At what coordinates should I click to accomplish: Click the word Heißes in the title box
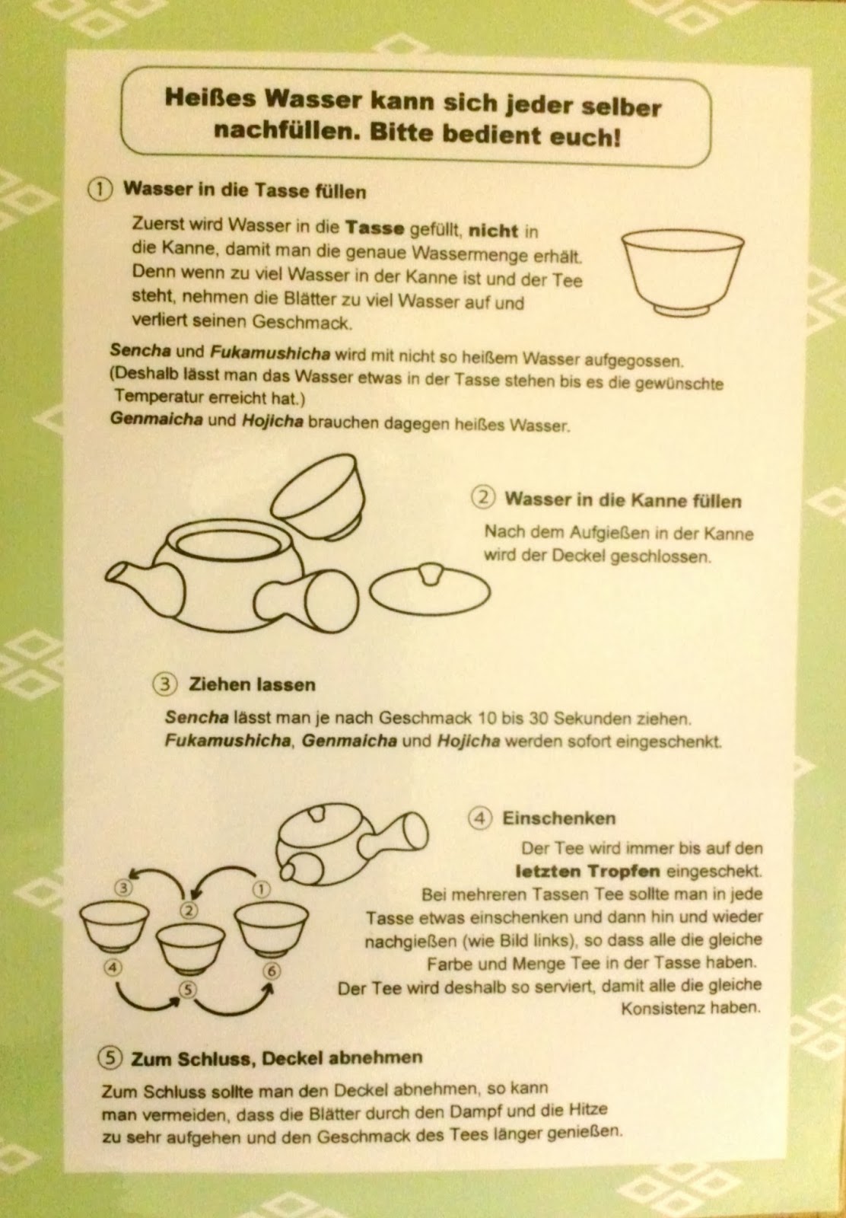pos(210,98)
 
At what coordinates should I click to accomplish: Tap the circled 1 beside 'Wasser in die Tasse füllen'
pos(100,190)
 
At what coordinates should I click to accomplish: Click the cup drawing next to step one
pos(682,273)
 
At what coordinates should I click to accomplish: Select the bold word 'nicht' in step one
pos(493,231)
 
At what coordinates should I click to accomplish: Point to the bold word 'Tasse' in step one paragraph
pos(375,228)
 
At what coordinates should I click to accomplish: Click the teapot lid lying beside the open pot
pos(430,589)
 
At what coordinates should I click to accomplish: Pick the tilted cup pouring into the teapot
pos(319,496)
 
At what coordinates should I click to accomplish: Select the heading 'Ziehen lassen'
pos(252,684)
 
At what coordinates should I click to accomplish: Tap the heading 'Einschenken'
pos(558,818)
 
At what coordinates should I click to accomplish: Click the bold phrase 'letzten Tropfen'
pos(587,871)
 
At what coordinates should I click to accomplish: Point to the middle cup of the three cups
pos(190,948)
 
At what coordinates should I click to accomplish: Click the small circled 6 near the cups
pos(272,971)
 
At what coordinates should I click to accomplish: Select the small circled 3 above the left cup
pos(124,888)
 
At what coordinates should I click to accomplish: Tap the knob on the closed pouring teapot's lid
pos(316,814)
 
